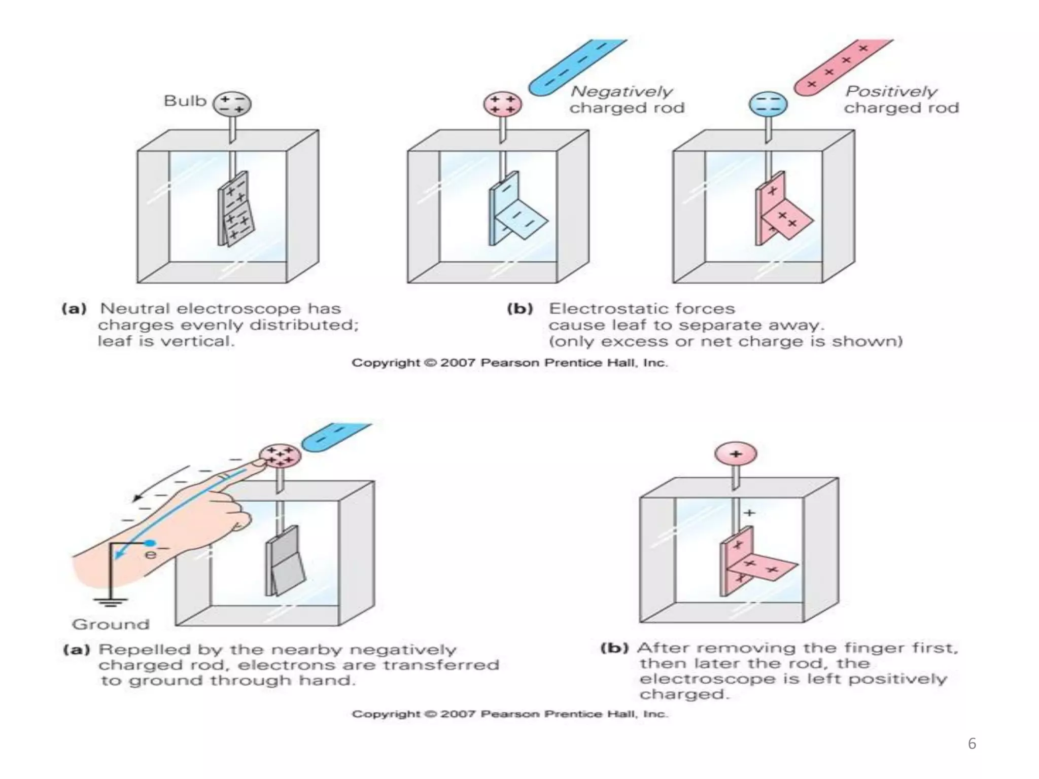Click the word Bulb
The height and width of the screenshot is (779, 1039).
[185, 101]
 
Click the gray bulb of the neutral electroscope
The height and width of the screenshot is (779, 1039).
[232, 104]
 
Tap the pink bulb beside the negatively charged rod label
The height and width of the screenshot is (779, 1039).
[502, 104]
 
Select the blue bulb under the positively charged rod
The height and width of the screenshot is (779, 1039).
[768, 104]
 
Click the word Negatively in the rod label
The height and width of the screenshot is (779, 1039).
[621, 91]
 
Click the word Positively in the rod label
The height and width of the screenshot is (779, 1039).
[891, 91]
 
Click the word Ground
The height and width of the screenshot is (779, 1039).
[111, 624]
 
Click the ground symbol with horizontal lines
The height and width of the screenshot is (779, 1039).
[111, 603]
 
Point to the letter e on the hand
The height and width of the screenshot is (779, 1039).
[150, 554]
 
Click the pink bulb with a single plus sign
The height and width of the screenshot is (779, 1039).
[736, 454]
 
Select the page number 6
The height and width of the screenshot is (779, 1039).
[972, 743]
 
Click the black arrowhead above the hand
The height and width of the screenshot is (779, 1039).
[137, 498]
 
